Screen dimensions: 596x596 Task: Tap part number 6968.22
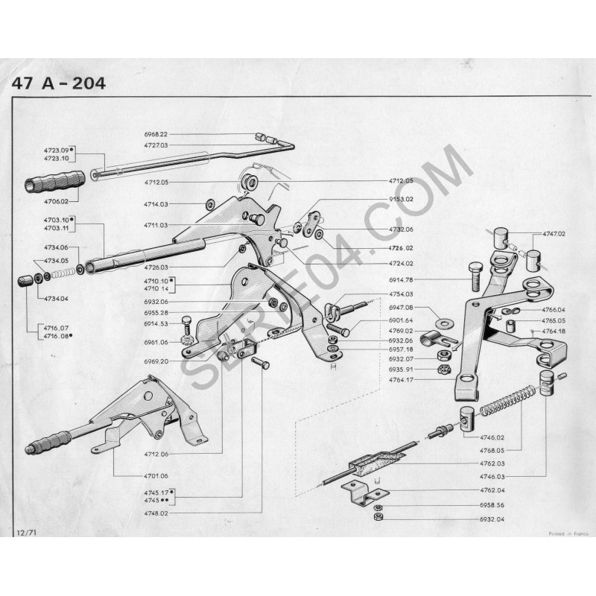pos(156,134)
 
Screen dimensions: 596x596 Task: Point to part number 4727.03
pos(156,145)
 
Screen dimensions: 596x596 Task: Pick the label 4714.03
pos(156,204)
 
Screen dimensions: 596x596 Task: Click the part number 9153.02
pos(403,199)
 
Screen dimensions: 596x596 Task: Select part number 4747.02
pos(554,234)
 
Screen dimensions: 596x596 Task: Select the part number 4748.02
pos(156,513)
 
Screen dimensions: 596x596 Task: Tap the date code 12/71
pos(25,533)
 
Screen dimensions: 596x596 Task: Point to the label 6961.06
pos(156,342)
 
